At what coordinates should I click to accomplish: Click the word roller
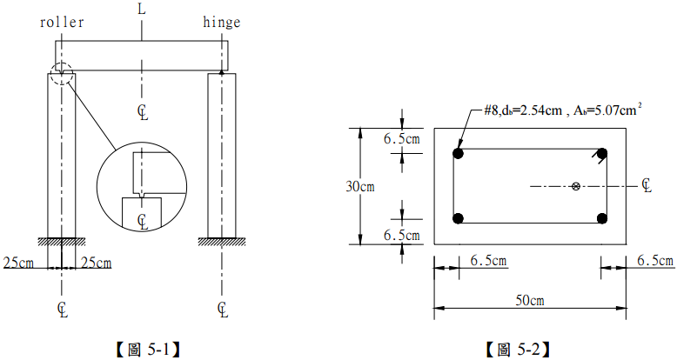[x=62, y=23]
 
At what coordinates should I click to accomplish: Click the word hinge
[x=220, y=23]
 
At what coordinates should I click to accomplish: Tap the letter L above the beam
[x=141, y=9]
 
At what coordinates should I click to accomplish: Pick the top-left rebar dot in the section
[x=459, y=154]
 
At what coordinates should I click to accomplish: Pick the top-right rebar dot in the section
[x=601, y=154]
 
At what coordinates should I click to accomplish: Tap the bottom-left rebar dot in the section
[x=459, y=218]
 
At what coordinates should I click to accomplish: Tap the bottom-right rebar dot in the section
[x=601, y=218]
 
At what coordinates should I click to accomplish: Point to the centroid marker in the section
[x=576, y=185]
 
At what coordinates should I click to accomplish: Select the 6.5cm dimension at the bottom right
[x=654, y=260]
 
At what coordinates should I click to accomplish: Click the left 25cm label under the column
[x=19, y=263]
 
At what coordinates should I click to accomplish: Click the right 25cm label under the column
[x=97, y=263]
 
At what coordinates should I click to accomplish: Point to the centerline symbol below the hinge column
[x=224, y=309]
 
